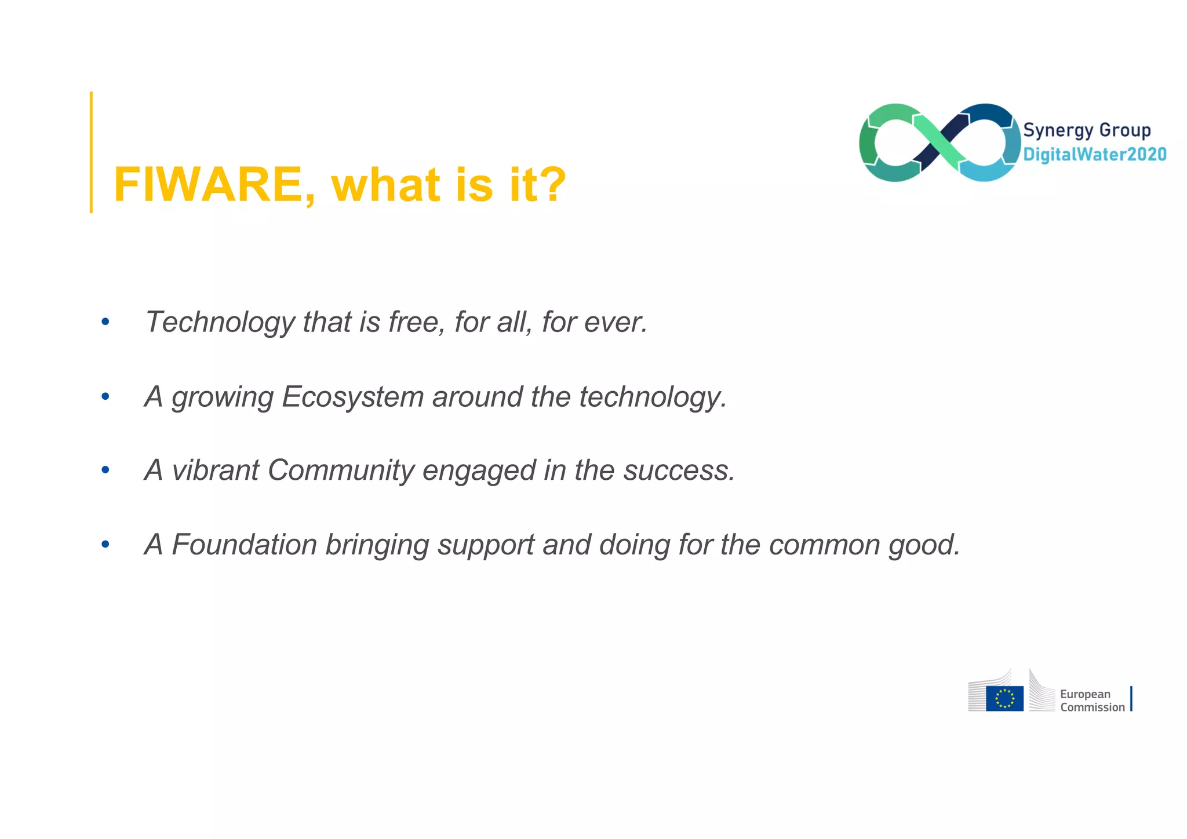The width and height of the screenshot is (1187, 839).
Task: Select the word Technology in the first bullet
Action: pyautogui.click(x=220, y=322)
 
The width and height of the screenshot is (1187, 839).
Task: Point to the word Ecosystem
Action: pyautogui.click(x=352, y=397)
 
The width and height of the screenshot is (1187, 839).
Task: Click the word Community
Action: pyautogui.click(x=341, y=470)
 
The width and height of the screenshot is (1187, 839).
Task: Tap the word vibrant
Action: pyautogui.click(x=215, y=470)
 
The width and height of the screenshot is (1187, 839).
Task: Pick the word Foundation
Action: pyautogui.click(x=244, y=545)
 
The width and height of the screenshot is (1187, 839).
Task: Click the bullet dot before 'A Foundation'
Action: pyautogui.click(x=105, y=545)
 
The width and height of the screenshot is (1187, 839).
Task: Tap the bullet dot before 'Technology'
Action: pyautogui.click(x=105, y=322)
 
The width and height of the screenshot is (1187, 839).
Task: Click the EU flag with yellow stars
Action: pyautogui.click(x=1004, y=698)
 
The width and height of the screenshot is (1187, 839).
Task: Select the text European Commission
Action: pyautogui.click(x=1092, y=701)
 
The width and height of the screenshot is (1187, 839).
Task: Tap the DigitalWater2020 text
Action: pyautogui.click(x=1094, y=154)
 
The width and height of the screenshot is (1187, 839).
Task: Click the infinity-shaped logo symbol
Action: pyautogui.click(x=940, y=143)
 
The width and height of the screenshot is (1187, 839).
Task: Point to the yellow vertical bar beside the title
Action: pyautogui.click(x=91, y=152)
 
